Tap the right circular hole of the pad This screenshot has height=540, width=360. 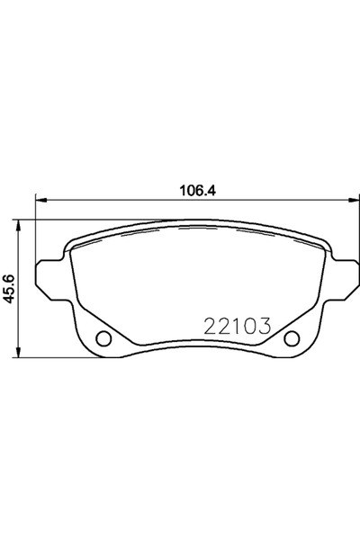tap(292, 340)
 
